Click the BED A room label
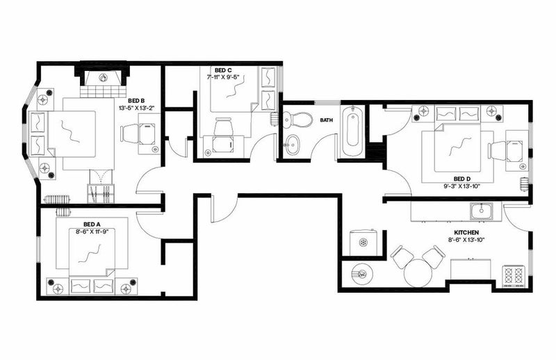tap(92, 224)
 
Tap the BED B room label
tap(136, 100)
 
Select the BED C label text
tap(223, 70)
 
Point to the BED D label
tap(462, 179)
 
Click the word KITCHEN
tap(466, 232)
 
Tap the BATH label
tap(327, 120)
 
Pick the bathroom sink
tap(293, 145)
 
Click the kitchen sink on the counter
tap(481, 211)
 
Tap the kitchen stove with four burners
tap(514, 276)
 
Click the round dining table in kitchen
tap(418, 272)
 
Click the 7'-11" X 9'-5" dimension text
tap(223, 77)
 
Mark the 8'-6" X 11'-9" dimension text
tap(92, 231)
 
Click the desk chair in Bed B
tap(130, 134)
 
